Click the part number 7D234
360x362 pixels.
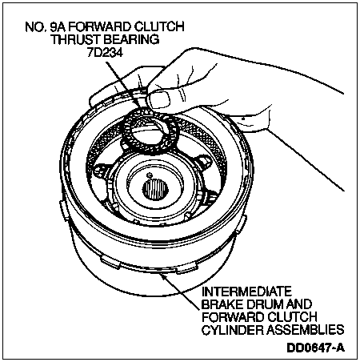point(105,53)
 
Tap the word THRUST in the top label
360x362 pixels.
point(76,39)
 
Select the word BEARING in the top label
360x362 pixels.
point(131,39)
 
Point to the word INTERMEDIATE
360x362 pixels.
point(246,291)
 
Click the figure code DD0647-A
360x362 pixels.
point(316,348)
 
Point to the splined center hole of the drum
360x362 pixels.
point(155,190)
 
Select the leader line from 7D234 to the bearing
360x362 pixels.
point(123,86)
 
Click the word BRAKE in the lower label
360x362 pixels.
point(221,304)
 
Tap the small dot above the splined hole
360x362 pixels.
point(150,175)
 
